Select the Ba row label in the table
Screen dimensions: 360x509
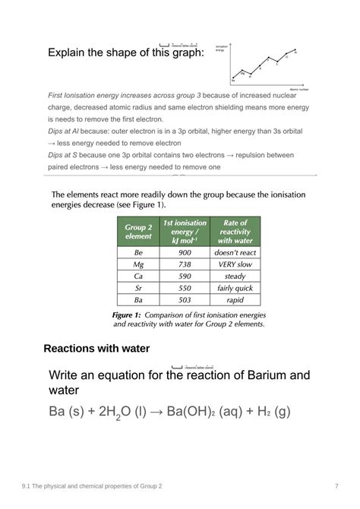(138, 300)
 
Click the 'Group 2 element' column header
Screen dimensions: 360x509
(138, 232)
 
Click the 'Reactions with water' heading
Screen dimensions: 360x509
(96, 349)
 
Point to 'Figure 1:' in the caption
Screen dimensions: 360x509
(127, 314)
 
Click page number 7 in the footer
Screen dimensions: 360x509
(336, 485)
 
